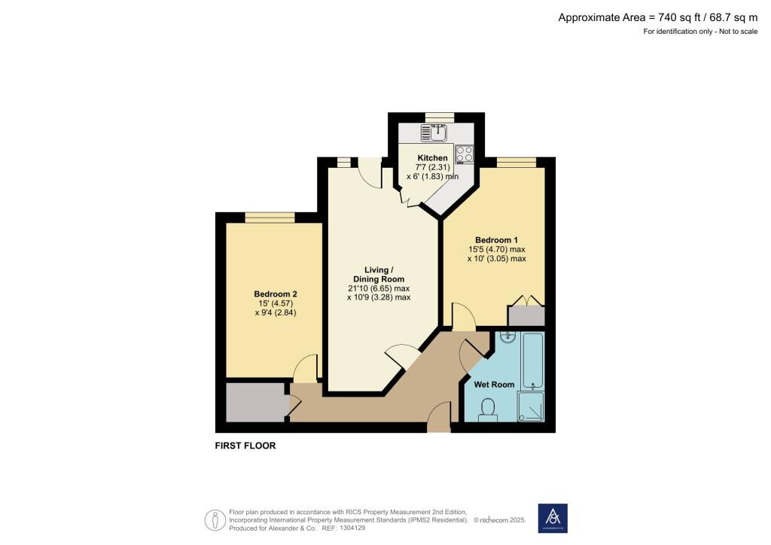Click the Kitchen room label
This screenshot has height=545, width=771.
(x=432, y=158)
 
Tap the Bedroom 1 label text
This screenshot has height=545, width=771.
(x=495, y=240)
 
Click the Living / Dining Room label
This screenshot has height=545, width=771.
(x=378, y=275)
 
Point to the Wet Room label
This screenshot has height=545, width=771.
(x=494, y=385)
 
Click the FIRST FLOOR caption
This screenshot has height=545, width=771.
(x=245, y=446)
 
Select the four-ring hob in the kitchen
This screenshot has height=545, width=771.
(x=465, y=153)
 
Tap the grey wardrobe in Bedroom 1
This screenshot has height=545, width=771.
(x=525, y=315)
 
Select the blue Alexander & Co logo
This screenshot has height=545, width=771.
(x=553, y=518)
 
